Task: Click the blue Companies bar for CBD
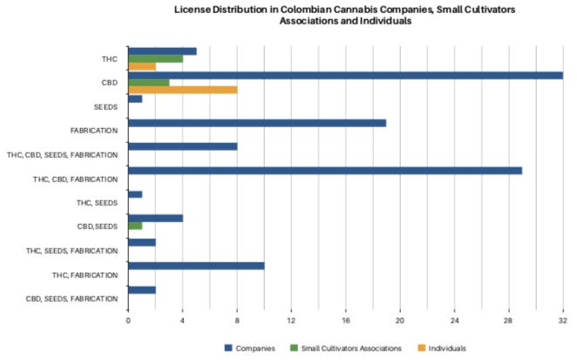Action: point(345,75)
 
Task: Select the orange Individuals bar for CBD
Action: point(182,89)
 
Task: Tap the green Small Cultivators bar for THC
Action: point(155,58)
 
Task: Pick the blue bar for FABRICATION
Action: point(257,122)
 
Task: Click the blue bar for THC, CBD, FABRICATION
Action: point(325,170)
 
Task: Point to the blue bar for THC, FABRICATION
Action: point(196,265)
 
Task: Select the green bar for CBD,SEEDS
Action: point(135,225)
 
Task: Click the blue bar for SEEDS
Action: point(135,98)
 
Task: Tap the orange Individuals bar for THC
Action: point(141,66)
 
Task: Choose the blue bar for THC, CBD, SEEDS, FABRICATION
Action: point(182,146)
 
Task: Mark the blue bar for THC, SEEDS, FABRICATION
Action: point(141,241)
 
